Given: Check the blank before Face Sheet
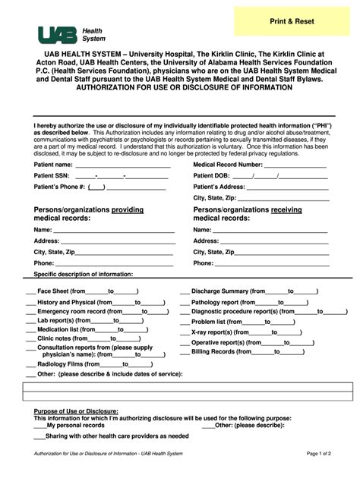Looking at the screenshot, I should coord(30,291).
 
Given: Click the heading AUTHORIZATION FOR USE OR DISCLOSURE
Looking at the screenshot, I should coord(181,87).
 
